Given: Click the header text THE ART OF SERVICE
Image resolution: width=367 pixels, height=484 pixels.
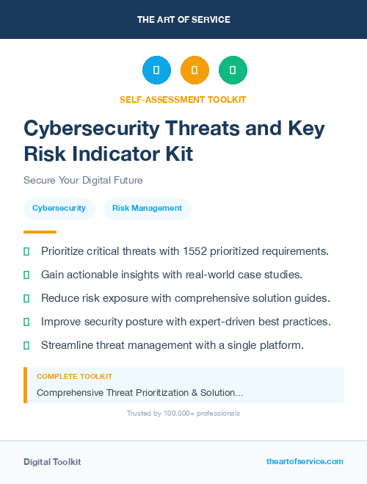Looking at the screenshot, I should tap(183, 19).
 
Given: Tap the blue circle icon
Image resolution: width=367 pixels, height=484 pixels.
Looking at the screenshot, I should tap(156, 70).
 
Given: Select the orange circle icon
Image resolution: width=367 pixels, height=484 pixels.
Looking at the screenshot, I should tap(195, 70).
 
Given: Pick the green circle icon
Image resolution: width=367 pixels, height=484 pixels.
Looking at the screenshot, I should tap(233, 70).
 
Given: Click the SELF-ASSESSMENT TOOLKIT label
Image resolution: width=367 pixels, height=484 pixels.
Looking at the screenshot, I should tap(183, 99).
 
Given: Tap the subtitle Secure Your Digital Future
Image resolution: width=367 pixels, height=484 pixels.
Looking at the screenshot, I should tap(83, 180).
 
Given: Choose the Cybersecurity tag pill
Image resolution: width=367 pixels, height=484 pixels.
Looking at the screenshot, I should tap(59, 209).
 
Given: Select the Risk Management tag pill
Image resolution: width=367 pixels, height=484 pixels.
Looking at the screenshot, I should tap(147, 209).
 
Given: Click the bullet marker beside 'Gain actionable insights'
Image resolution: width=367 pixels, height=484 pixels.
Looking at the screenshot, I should tap(26, 275).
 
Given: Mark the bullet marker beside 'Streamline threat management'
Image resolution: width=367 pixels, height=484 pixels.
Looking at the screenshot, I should tap(26, 345).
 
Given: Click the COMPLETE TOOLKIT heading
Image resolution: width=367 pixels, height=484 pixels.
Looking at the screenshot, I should tap(74, 377).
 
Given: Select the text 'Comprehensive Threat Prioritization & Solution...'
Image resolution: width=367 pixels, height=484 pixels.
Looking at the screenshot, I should tap(139, 393).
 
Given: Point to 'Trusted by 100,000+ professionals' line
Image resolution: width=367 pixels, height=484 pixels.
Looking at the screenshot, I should tap(183, 413).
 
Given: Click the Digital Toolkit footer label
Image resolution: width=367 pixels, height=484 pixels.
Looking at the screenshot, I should tap(52, 462).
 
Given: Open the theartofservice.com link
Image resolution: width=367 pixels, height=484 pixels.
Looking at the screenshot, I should tap(305, 461).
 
